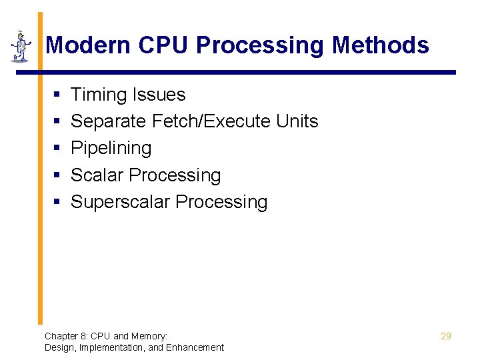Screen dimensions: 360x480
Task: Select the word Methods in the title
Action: (381, 45)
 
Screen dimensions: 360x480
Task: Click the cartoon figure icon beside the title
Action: (21, 47)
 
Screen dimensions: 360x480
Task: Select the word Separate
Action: (109, 121)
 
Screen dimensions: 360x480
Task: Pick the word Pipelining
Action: (111, 148)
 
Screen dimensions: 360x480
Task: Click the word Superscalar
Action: (117, 202)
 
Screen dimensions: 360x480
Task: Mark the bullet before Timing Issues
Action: (57, 95)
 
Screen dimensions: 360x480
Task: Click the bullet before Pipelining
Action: (57, 149)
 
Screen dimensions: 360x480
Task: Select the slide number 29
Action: (445, 336)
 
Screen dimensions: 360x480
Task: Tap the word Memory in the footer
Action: (149, 336)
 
